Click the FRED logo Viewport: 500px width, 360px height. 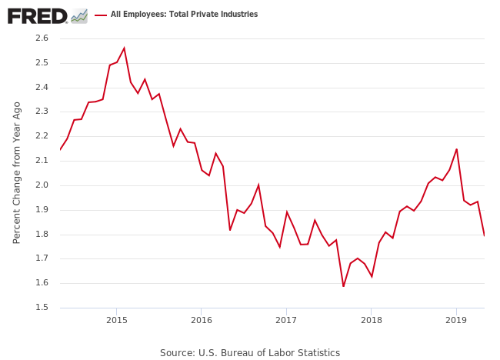(x=37, y=15)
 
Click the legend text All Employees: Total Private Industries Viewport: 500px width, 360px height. (x=184, y=15)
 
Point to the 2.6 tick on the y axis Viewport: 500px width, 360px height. (x=42, y=38)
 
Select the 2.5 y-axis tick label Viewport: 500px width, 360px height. (x=42, y=63)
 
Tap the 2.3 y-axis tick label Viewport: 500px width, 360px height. (x=42, y=112)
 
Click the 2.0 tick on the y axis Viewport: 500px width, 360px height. (x=42, y=185)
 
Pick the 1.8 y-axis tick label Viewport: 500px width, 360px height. (x=42, y=235)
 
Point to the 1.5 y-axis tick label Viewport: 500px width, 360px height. (x=42, y=308)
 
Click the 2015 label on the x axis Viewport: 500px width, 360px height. (x=116, y=320)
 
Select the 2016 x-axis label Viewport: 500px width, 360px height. (x=201, y=320)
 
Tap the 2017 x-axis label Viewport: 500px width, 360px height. (x=286, y=320)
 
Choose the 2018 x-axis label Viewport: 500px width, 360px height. (x=372, y=320)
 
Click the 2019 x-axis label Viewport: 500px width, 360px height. (x=456, y=320)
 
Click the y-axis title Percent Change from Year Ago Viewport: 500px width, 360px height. (x=17, y=172)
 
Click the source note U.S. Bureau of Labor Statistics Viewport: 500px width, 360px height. (x=250, y=352)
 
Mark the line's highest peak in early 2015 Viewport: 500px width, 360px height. (x=124, y=48)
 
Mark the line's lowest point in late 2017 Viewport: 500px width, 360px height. (x=343, y=286)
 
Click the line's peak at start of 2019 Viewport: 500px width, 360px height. (x=457, y=149)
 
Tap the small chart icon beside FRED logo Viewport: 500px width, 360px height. (x=78, y=15)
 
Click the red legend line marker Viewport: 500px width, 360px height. (x=100, y=15)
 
